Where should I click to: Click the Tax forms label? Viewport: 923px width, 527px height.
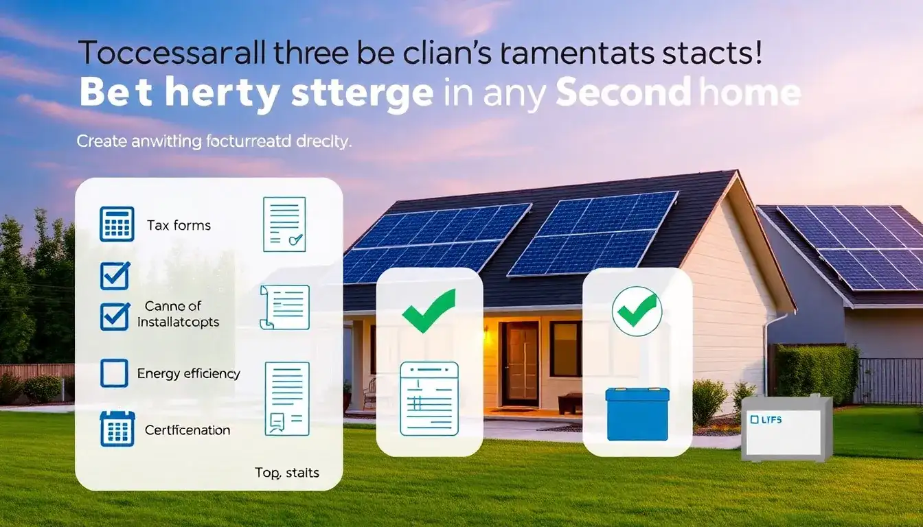tap(179, 225)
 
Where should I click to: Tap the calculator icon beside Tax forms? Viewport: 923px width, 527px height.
tap(117, 224)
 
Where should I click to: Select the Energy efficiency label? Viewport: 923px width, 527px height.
tap(188, 373)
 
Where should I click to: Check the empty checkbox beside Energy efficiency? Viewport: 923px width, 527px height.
tap(114, 373)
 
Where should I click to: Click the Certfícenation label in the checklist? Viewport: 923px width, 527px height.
tap(187, 430)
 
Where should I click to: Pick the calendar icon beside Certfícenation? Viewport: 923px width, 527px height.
tap(116, 429)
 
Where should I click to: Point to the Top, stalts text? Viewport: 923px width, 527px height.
tap(286, 473)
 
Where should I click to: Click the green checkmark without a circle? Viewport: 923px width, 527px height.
tap(429, 310)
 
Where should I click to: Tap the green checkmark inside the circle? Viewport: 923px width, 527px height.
tap(637, 312)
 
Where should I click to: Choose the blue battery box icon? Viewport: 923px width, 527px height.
tap(637, 414)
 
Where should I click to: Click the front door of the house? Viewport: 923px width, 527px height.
tap(519, 364)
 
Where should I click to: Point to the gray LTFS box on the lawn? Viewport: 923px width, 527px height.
tap(786, 428)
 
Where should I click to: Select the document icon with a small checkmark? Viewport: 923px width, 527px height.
tap(284, 224)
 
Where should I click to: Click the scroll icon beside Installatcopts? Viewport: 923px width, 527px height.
tap(284, 307)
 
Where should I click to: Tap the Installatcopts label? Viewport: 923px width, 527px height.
tap(178, 322)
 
